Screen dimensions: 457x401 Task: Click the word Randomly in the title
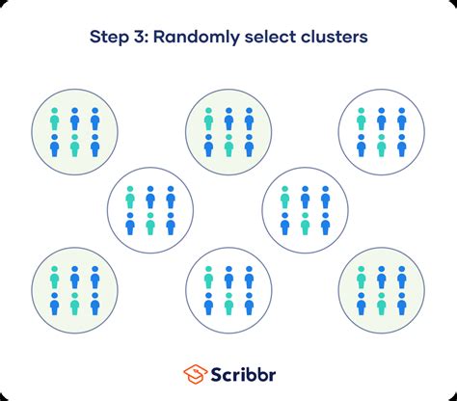[x=197, y=38]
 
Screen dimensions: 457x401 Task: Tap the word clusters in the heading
[x=335, y=37]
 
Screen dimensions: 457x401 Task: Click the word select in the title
[x=270, y=37]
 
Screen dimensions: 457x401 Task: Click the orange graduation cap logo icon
[x=195, y=374]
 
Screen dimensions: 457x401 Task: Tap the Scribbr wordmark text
[x=243, y=374]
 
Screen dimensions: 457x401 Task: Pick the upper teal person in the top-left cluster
[x=55, y=119]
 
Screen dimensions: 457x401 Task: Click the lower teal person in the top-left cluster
[x=74, y=146]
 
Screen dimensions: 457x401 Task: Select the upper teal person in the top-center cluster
[x=208, y=119]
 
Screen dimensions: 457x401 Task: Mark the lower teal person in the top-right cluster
[x=382, y=146]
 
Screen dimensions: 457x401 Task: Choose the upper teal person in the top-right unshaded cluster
[x=362, y=119]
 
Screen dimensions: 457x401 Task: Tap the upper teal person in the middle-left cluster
[x=130, y=198]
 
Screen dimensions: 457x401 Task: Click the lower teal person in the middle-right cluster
[x=305, y=224]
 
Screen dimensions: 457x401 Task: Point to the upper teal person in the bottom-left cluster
[x=55, y=278]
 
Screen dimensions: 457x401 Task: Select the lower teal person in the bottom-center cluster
[x=228, y=304]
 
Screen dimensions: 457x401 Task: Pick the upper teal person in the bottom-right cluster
[x=362, y=278]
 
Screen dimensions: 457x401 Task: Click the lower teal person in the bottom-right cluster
[x=382, y=304]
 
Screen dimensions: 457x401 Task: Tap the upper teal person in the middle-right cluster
[x=284, y=198]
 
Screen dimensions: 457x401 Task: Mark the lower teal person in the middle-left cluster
[x=150, y=224]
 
